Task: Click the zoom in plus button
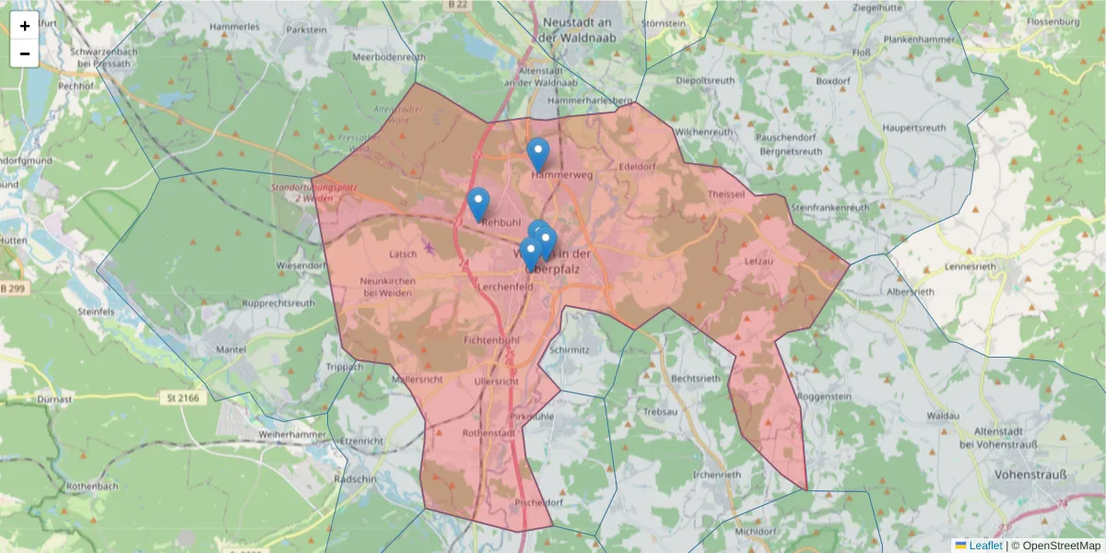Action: click(25, 26)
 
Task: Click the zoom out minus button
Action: click(25, 53)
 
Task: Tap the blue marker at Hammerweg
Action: click(538, 154)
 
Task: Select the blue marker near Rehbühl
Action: click(478, 204)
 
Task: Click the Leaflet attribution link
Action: click(985, 546)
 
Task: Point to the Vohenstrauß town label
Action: click(1030, 475)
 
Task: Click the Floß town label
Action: click(862, 53)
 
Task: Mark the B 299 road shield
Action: click(13, 289)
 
